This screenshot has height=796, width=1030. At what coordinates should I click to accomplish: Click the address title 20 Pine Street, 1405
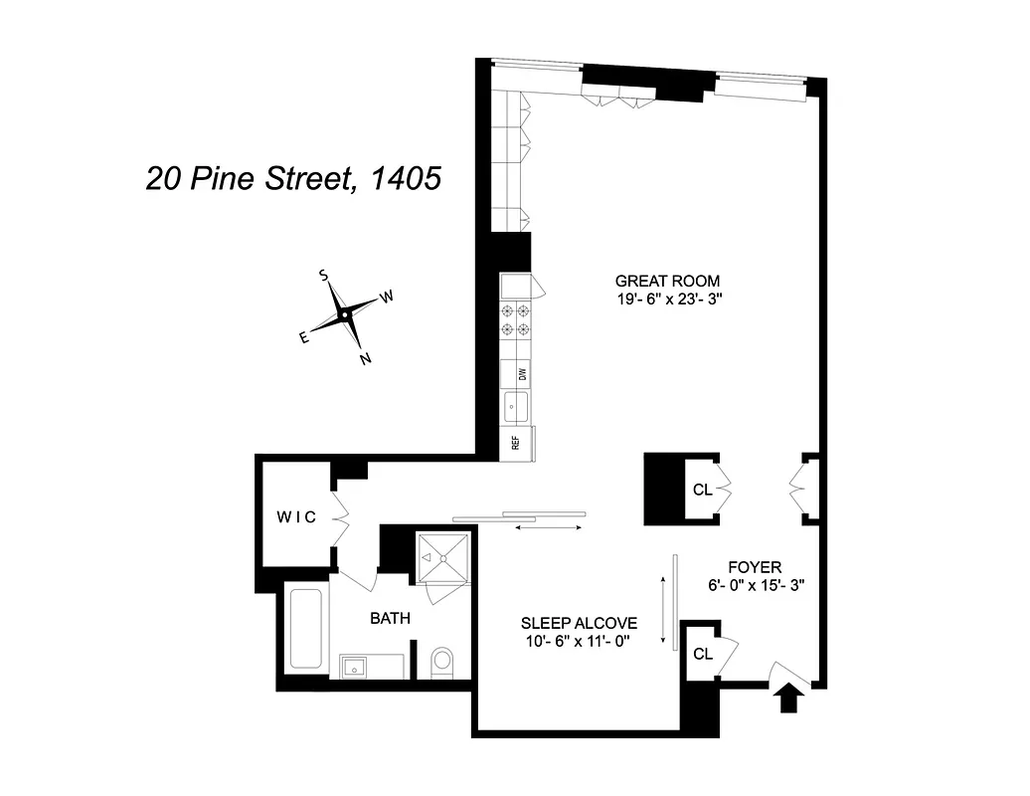(292, 179)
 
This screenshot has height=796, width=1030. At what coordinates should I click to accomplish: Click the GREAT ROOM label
(667, 281)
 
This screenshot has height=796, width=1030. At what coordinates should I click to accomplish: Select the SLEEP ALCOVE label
(578, 623)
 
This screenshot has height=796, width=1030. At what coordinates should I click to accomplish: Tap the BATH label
(390, 618)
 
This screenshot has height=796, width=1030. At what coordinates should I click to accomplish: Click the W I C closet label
(295, 516)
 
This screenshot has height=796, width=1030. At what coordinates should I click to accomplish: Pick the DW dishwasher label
(520, 374)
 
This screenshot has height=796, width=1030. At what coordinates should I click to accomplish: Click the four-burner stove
(515, 320)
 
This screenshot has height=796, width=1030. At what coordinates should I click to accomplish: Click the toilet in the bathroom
(442, 661)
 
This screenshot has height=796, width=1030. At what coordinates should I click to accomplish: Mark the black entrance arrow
(791, 697)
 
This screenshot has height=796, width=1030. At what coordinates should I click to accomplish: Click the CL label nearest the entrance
(703, 654)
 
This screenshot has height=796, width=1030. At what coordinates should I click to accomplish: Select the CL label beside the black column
(702, 489)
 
